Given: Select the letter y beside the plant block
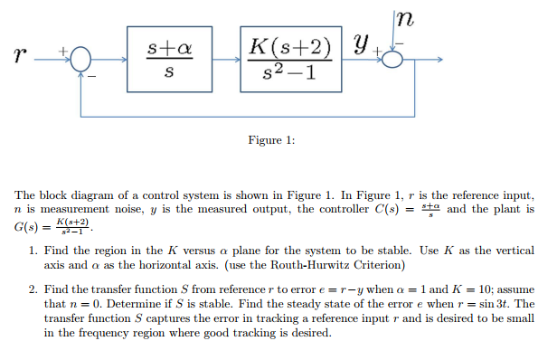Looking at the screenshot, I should [x=362, y=43].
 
